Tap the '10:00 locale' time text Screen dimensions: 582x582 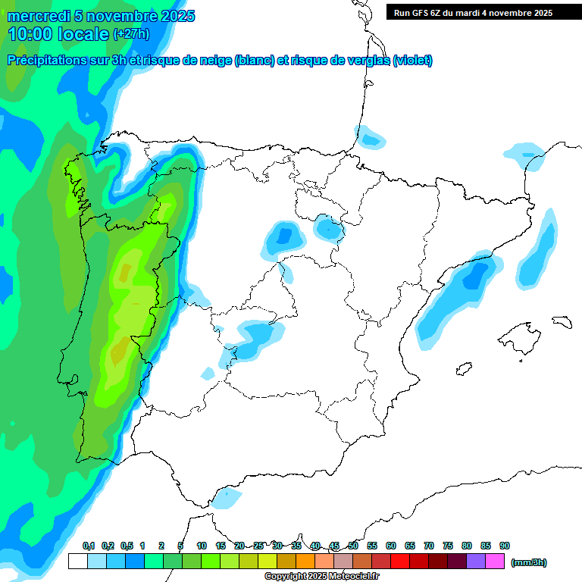pyautogui.click(x=58, y=34)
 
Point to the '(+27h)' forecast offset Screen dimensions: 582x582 pyautogui.click(x=131, y=34)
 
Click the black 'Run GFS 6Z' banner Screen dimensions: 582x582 pyautogui.click(x=483, y=12)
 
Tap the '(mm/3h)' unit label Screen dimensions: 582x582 pyautogui.click(x=528, y=562)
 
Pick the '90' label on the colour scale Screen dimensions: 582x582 pyautogui.click(x=505, y=546)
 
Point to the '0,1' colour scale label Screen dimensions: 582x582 pyautogui.click(x=89, y=546)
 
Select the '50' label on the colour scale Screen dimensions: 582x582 pyautogui.click(x=353, y=546)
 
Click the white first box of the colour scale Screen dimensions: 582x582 pyautogui.click(x=77, y=562)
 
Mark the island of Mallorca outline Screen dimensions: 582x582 pyautogui.click(x=519, y=334)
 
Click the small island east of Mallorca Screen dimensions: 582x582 pyautogui.click(x=562, y=321)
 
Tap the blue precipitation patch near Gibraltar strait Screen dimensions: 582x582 pyautogui.click(x=226, y=498)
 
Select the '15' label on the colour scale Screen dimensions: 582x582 pyautogui.click(x=221, y=546)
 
